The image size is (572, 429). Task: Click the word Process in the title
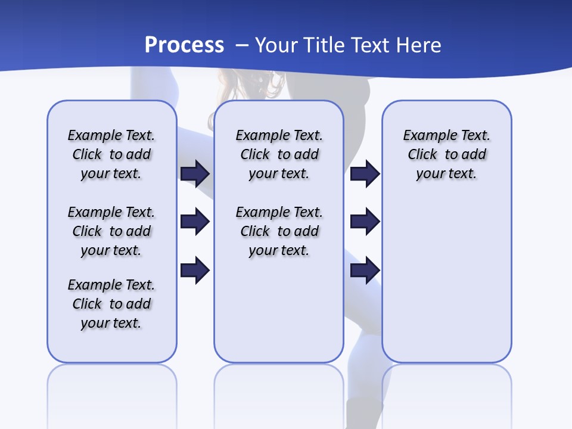pos(184,45)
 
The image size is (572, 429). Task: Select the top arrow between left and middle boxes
pos(195,173)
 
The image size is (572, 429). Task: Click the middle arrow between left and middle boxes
pos(195,222)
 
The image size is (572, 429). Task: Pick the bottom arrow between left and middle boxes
pos(195,270)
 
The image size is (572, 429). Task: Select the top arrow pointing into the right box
pos(365,173)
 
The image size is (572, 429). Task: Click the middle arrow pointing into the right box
pos(365,222)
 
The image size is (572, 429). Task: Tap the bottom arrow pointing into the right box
pos(365,270)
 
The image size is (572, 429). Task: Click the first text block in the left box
pos(111,154)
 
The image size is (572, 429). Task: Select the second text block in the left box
pos(111,231)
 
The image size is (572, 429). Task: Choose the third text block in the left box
pos(111,304)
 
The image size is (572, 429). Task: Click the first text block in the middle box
pos(279,154)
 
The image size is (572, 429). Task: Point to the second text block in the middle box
pos(279,231)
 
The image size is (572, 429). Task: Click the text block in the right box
pos(446,154)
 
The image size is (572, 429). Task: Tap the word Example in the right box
pos(427,136)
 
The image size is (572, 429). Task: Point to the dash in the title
pos(242,46)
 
